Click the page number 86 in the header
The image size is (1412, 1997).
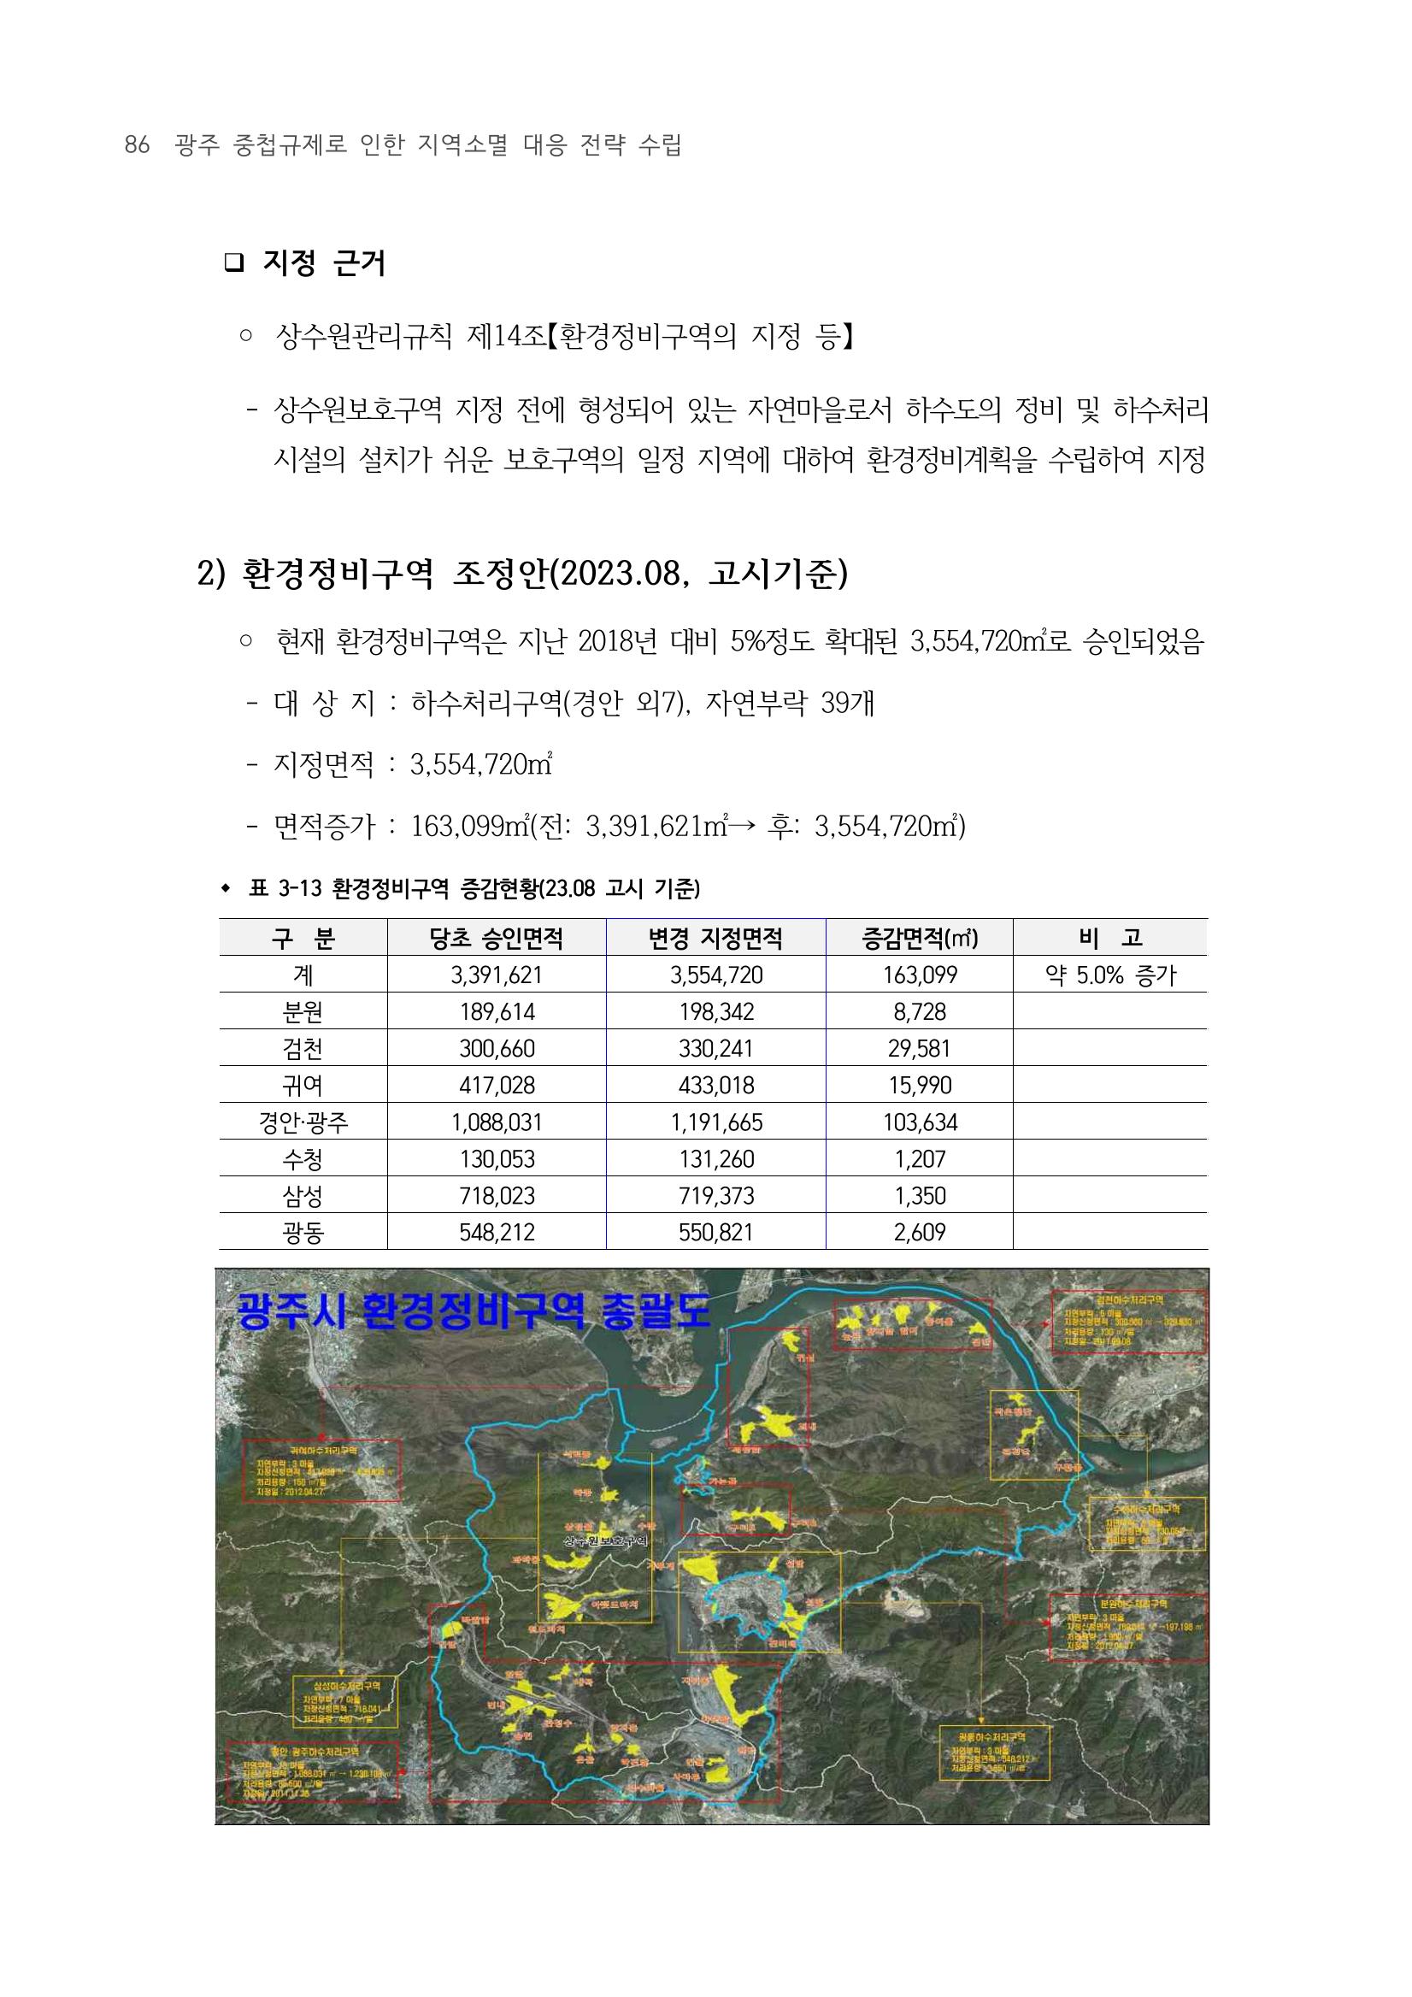(x=138, y=145)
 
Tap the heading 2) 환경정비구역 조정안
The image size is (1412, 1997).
(x=521, y=574)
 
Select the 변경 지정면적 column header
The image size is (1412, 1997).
(x=715, y=938)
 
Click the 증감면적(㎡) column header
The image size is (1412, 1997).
(x=919, y=938)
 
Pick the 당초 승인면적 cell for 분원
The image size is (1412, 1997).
(x=497, y=1011)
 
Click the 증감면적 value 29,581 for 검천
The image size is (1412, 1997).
(x=919, y=1048)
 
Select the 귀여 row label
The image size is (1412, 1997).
(x=303, y=1086)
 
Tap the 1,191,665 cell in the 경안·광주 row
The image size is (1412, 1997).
(x=715, y=1122)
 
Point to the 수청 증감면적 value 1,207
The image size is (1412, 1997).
(x=919, y=1158)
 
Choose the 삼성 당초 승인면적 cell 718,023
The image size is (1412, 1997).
(x=497, y=1196)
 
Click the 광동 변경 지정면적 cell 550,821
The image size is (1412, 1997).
(x=715, y=1233)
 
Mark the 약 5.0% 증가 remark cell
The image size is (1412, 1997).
(x=1110, y=975)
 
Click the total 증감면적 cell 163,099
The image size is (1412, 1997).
(x=919, y=975)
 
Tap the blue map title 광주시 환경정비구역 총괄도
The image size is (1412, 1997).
(x=474, y=1309)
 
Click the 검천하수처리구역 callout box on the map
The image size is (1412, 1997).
(x=1128, y=1322)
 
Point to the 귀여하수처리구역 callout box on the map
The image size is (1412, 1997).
(x=322, y=1469)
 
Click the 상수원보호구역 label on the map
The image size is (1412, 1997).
(x=607, y=1541)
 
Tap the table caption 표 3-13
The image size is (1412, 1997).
(x=474, y=888)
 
